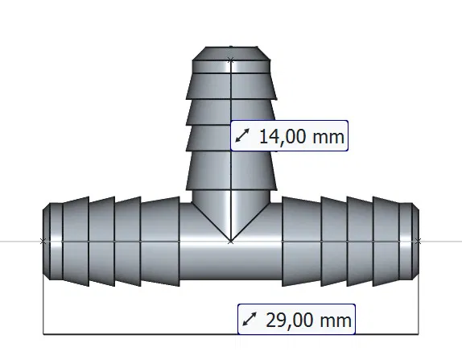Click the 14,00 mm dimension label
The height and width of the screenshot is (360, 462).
pos(290,136)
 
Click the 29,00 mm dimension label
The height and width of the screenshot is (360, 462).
pos(297,320)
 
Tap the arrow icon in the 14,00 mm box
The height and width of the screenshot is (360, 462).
pos(243,137)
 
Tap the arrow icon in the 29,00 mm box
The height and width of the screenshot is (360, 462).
pos(250,320)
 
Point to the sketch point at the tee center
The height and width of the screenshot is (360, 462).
pos(231,240)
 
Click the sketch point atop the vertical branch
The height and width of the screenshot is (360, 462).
pos(231,59)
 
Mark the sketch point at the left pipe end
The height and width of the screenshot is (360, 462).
pos(43,240)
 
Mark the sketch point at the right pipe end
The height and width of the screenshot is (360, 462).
pos(418,240)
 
